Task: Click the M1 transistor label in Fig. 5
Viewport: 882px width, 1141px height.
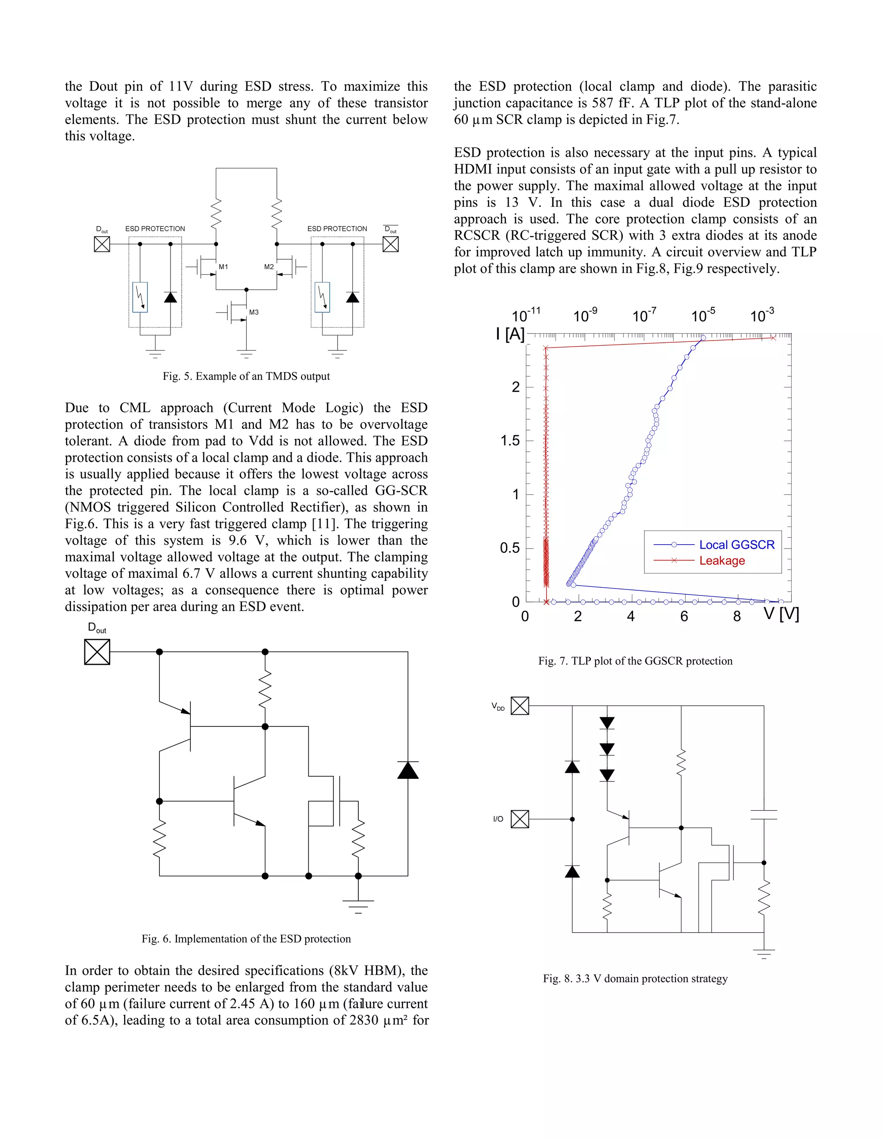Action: [223, 267]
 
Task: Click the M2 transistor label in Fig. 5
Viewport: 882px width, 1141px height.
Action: [269, 267]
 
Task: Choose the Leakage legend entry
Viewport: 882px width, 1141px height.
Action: [722, 561]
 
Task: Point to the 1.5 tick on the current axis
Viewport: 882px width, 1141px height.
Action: [510, 441]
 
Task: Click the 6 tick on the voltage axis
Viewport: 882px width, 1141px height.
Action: [684, 617]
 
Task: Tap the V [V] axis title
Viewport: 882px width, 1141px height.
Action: [781, 614]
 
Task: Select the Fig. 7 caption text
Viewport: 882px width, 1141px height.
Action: [635, 661]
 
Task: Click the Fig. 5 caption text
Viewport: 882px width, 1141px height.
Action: [246, 376]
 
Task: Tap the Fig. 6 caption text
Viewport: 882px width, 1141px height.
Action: [246, 939]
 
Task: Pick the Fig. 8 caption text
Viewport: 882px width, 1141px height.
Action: [635, 979]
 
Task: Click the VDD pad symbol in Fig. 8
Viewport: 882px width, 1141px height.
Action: [520, 706]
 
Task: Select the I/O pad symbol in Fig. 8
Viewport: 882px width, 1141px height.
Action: [520, 819]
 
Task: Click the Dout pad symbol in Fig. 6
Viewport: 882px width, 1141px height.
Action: [97, 652]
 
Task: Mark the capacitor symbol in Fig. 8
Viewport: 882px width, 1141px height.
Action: [764, 815]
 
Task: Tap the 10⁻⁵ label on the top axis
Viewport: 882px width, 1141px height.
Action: [703, 316]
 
